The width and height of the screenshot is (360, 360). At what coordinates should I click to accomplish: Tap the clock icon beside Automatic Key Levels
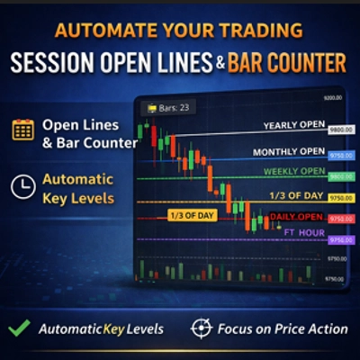point(23,186)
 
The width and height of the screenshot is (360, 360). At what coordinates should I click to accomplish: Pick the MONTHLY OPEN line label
point(288,151)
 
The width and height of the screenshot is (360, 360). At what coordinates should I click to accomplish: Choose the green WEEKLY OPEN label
point(294,172)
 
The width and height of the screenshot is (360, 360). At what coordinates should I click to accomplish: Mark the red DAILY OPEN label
point(296,218)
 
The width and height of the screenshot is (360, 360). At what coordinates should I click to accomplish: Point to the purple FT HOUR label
point(302,232)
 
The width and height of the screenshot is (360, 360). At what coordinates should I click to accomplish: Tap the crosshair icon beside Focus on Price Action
point(201,328)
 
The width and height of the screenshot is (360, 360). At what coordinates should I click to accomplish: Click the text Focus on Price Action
point(283,328)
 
